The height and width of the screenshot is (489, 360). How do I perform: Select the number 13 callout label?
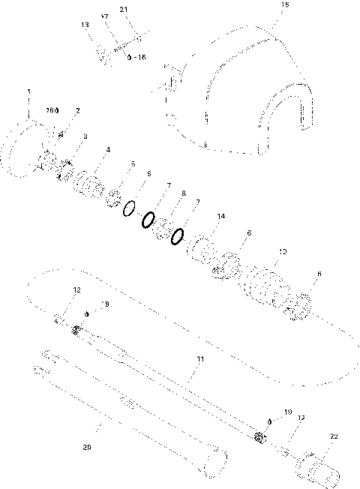coord(85,25)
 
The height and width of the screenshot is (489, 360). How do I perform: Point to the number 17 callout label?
coord(104,16)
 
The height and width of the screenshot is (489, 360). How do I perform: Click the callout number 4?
coord(108,150)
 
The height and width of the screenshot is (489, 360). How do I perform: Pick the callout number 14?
coord(220,216)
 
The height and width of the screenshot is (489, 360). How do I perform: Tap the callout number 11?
coord(200,359)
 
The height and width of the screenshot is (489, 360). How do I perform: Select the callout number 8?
coord(183,193)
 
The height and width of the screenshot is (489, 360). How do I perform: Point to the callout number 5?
coord(133,163)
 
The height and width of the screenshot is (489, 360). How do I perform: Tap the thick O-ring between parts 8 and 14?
coord(178,237)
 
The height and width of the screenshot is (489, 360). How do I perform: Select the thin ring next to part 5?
coord(129,206)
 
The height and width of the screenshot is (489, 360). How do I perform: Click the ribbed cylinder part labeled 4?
coord(90,184)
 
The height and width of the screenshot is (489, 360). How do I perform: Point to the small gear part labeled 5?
coord(114,197)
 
